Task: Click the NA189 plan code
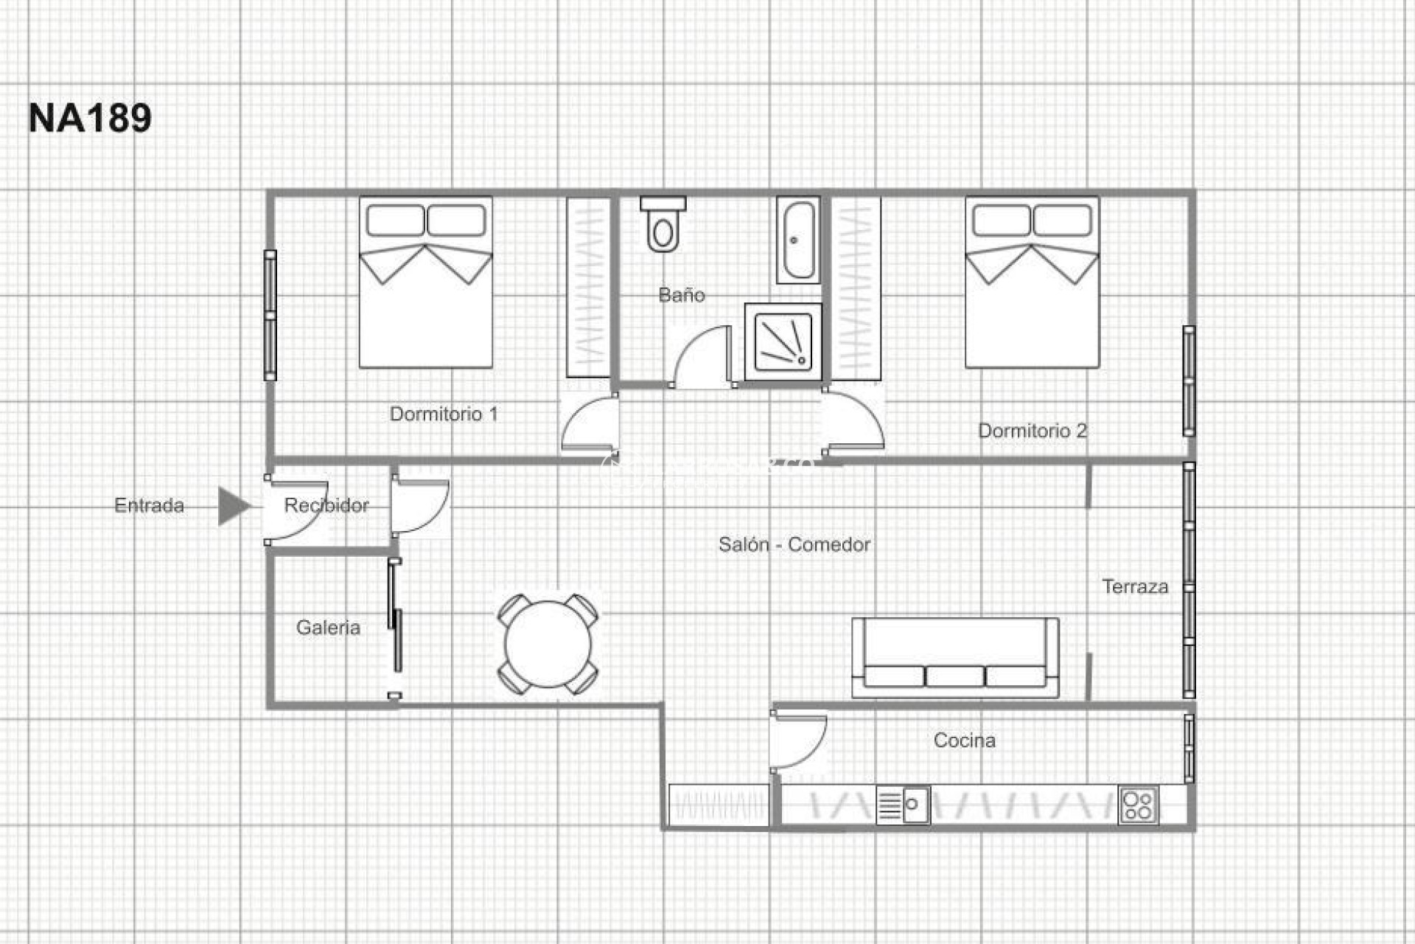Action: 90,118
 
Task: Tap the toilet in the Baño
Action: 663,225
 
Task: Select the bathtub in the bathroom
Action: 797,240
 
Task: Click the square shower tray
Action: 783,341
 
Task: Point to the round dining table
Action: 548,644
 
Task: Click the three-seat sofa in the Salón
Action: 955,658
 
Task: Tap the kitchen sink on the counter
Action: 904,805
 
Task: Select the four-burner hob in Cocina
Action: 1138,805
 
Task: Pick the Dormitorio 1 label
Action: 444,414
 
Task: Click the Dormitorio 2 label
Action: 1032,431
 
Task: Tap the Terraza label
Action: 1135,587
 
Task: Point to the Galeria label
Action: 328,628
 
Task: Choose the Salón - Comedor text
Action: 794,545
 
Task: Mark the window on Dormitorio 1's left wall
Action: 270,315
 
